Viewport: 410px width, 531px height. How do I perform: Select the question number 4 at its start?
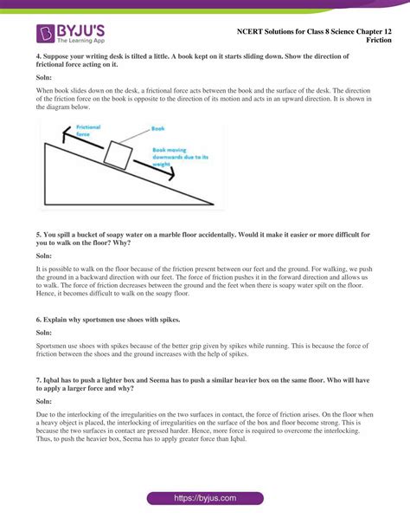coord(38,56)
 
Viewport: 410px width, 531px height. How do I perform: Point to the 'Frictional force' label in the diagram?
coord(89,131)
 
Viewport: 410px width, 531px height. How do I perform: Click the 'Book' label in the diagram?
coord(157,128)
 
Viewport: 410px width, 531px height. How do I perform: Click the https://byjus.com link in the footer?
coord(205,500)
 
